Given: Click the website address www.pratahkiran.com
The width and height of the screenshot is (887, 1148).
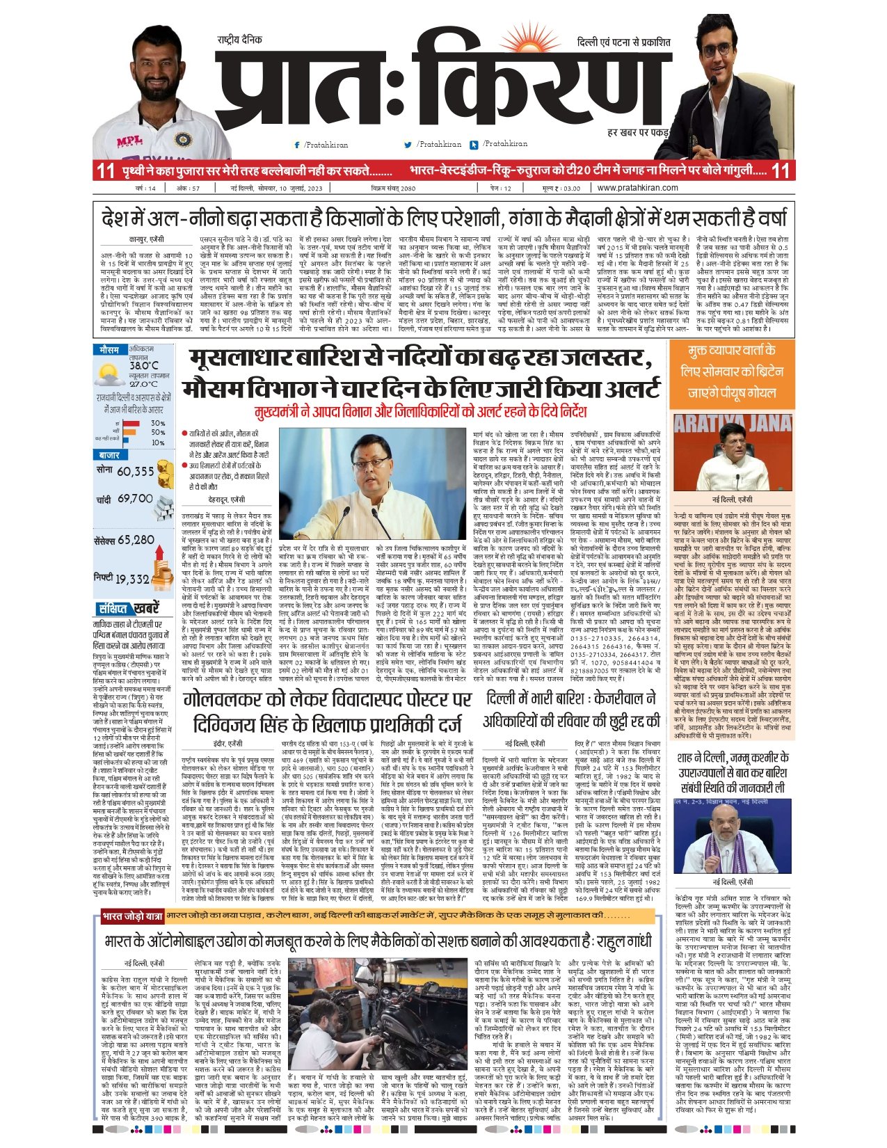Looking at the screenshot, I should (637, 188).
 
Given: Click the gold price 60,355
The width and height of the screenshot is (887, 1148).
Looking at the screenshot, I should (135, 471).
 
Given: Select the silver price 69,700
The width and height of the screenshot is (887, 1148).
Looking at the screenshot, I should (135, 499).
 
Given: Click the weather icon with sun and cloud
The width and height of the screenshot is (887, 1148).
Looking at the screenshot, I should (110, 376).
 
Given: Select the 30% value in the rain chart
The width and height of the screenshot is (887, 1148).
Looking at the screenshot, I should (157, 423).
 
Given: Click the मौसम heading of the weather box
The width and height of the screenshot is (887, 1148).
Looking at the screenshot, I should (109, 349).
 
